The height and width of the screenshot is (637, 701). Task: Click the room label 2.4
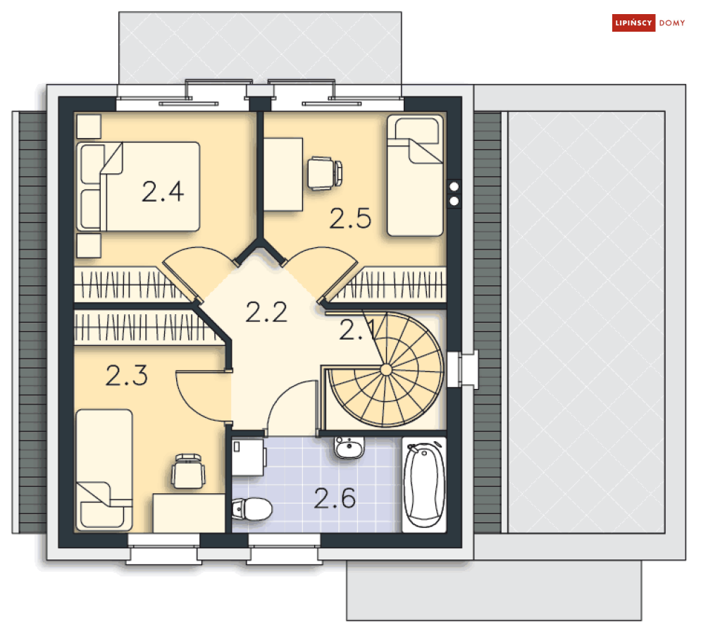163,192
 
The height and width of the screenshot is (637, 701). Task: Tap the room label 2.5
351,218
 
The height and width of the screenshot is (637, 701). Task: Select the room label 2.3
127,376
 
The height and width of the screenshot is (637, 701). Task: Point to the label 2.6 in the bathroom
335,498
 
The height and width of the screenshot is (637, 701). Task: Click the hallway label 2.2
266,312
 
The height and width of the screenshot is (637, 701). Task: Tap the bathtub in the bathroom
424,485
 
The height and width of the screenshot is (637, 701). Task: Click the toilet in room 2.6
252,509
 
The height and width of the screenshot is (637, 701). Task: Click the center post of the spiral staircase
386,370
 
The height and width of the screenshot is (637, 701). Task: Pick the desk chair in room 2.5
325,173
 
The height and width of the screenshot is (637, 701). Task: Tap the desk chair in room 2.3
189,471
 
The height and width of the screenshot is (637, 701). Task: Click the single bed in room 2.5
415,175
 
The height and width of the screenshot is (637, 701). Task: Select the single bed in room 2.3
104,470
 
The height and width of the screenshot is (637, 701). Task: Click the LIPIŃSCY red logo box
633,23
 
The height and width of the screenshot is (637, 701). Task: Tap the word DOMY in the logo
672,23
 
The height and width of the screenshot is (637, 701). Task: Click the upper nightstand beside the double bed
89,127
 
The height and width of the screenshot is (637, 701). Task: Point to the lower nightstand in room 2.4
89,246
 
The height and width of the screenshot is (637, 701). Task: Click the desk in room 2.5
283,174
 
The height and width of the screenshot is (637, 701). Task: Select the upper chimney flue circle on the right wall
454,187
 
